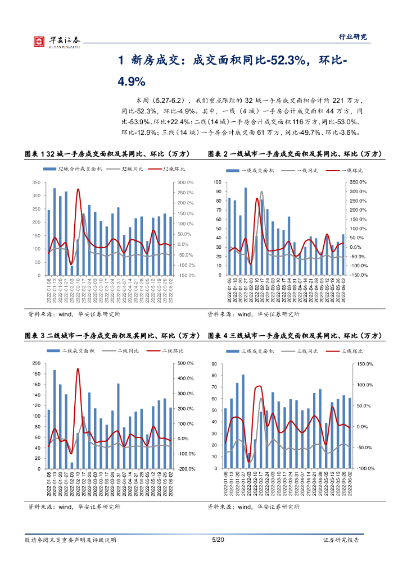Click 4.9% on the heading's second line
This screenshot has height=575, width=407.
pos(132,81)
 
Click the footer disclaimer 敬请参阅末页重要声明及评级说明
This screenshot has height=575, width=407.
pos(70,540)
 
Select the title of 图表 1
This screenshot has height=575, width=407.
pos(107,154)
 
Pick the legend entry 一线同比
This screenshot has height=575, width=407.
pos(305,170)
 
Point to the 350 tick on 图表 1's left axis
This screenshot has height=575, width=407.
pos(36,182)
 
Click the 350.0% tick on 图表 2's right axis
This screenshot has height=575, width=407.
pos(358,182)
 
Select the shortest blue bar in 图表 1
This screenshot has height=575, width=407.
pos(72,270)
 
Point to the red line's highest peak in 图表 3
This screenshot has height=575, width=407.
pos(78,369)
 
